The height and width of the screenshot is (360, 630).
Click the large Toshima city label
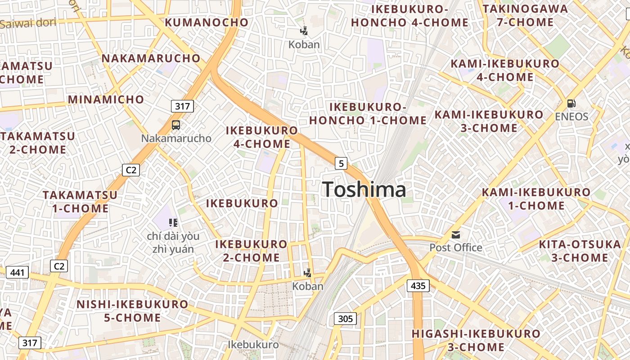364,189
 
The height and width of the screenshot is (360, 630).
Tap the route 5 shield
341,163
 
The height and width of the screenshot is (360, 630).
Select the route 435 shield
418,285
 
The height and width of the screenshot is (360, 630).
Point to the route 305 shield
345,319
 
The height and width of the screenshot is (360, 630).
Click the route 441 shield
18,272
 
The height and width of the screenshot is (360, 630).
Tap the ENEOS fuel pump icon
571,103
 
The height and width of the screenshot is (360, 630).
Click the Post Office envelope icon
456,235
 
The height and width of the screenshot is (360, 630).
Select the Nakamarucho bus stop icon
176,125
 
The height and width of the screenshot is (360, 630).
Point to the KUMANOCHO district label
207,22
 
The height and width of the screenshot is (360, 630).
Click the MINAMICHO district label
106,99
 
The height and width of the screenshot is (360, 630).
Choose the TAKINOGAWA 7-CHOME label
525,15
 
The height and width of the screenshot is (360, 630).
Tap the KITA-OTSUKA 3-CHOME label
580,251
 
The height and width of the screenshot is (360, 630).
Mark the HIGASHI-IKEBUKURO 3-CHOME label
476,340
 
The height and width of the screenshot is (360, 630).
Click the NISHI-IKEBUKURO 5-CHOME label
132,311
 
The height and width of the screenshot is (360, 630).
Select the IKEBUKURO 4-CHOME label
262,137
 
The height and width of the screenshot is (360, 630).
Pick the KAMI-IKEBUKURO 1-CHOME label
536,199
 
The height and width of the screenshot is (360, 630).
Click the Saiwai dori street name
28,23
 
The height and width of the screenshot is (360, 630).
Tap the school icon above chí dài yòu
173,222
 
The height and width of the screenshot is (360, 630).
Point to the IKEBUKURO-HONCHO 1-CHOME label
368,114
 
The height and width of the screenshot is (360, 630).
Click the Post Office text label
456,247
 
